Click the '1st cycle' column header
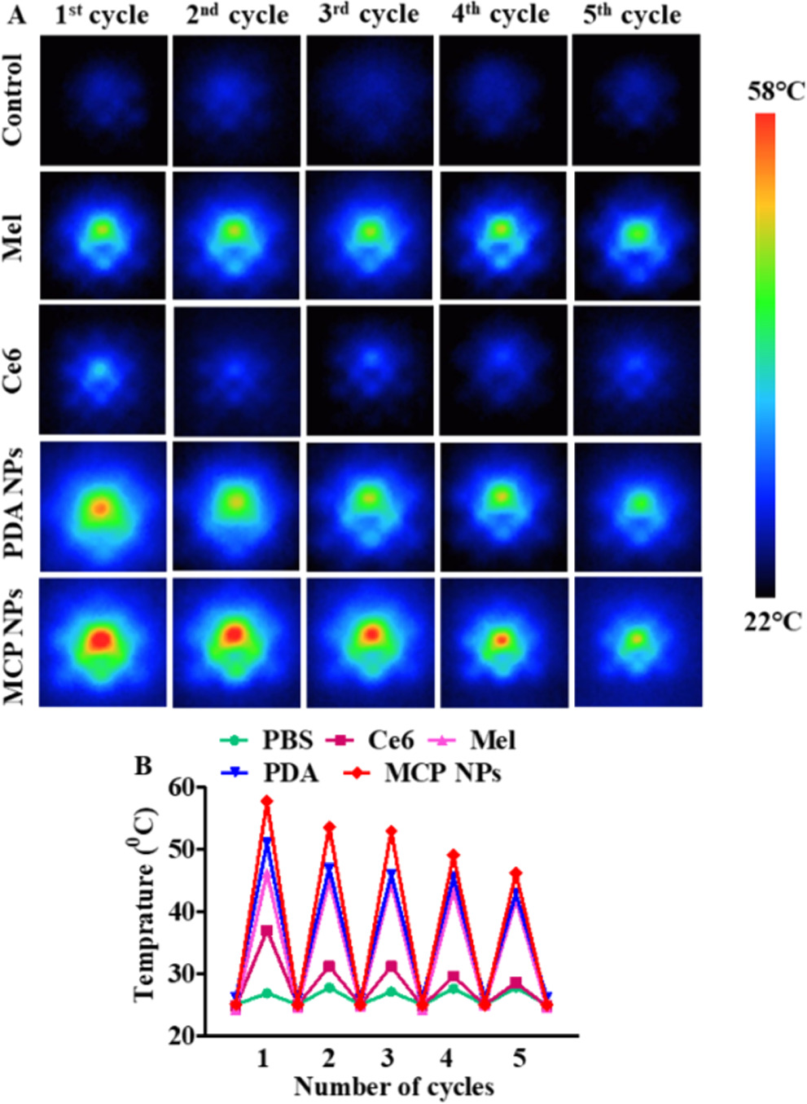coord(102,16)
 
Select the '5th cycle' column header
coord(632,16)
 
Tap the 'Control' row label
coord(14,100)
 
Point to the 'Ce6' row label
coord(14,370)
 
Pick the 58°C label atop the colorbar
coord(775,92)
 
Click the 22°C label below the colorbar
coord(772,622)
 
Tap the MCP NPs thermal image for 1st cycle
coord(103,642)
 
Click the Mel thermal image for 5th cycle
coord(637,235)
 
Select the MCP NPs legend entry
coord(423,772)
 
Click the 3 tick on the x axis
coord(388,1058)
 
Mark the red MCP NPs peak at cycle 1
coord(266,802)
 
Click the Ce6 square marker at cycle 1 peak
coord(266,930)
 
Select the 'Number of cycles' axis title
coord(393,1087)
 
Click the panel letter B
coord(143,766)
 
